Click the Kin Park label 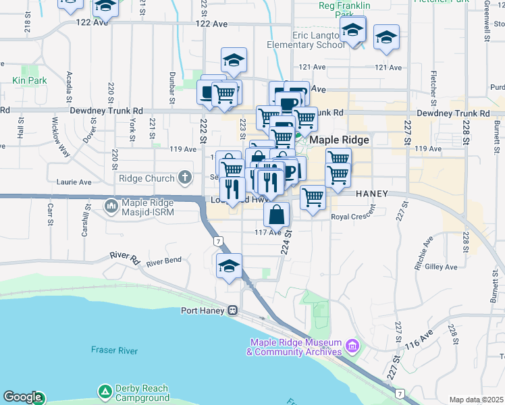(x=28, y=80)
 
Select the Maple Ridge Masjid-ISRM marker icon (x=110, y=204)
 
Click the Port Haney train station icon (x=232, y=310)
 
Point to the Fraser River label (x=115, y=350)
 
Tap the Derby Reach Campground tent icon (x=104, y=391)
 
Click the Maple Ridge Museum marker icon (x=351, y=347)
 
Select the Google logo (x=22, y=398)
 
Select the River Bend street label (x=164, y=261)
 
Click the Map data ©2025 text (x=477, y=400)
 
